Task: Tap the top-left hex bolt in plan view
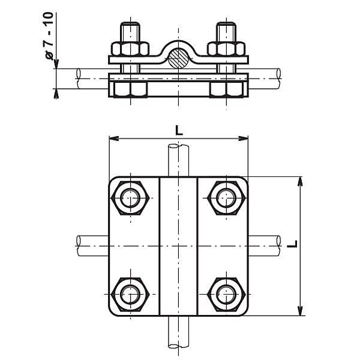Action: [x=130, y=197]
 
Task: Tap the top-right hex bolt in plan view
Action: [x=226, y=197]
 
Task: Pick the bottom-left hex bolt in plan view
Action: [x=130, y=295]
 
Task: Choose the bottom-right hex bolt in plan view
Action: [x=226, y=295]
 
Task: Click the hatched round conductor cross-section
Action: [x=178, y=58]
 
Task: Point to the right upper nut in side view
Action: [x=226, y=49]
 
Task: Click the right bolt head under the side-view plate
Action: [x=226, y=89]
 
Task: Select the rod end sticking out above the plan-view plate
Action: [x=178, y=160]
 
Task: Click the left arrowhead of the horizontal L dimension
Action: [x=112, y=139]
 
